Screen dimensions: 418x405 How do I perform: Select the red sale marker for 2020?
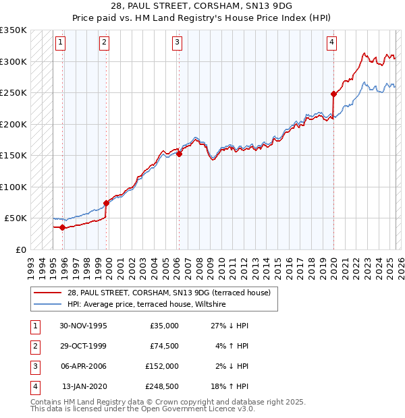[x=333, y=94]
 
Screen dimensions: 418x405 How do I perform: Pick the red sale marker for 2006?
[x=180, y=154]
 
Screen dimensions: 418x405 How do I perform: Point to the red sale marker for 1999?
[x=106, y=203]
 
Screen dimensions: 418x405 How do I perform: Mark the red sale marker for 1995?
[x=63, y=227]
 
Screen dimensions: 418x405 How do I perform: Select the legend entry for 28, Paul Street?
[x=169, y=293]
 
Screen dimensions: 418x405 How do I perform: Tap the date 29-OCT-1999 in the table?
[x=83, y=346]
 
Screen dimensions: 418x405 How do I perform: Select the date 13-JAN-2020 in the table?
[x=84, y=386]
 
